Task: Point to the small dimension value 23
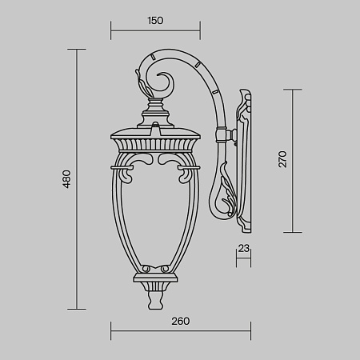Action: coord(244,249)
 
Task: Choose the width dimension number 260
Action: coord(180,321)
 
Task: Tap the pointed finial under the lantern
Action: coord(156,300)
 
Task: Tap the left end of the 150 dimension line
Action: coord(110,33)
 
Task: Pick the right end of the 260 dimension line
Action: coord(250,331)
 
